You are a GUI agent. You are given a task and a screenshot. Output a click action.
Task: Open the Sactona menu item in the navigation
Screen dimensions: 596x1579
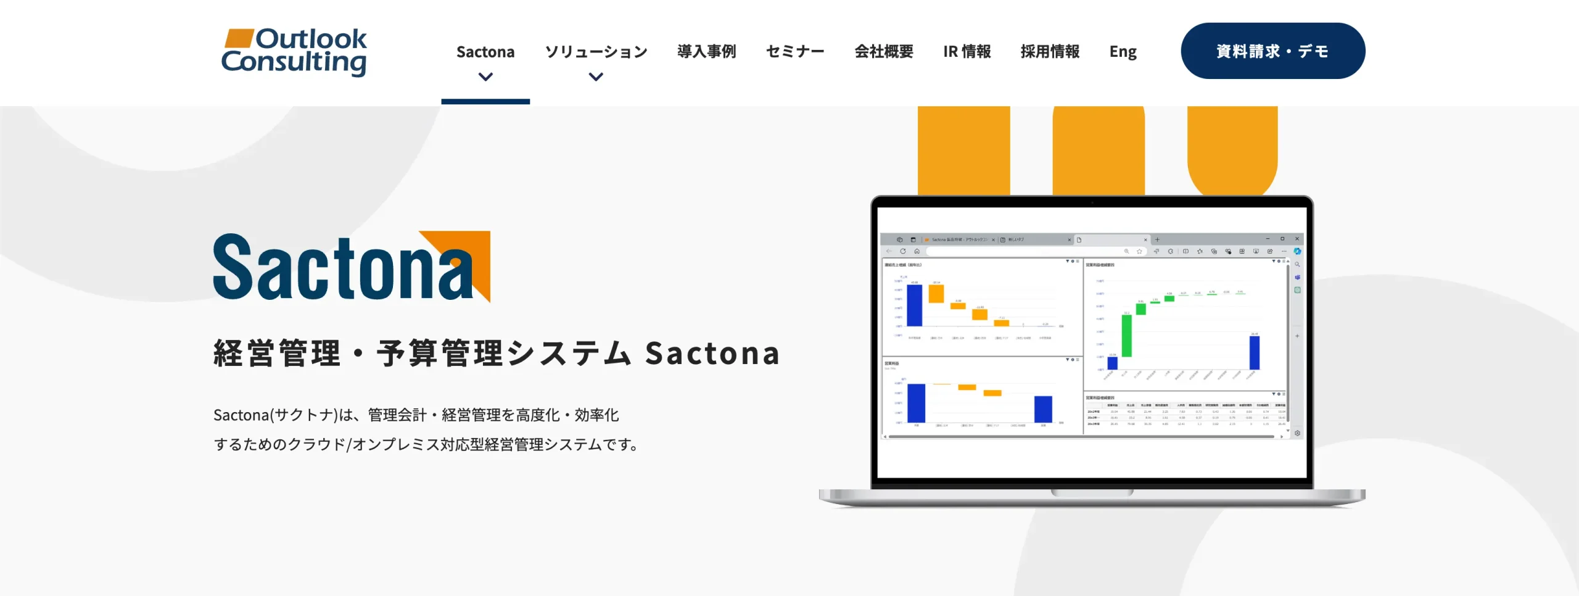[485, 52]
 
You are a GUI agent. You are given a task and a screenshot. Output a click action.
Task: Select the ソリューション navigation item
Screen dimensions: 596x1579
[596, 52]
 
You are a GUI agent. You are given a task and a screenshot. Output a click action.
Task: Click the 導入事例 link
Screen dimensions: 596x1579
[706, 52]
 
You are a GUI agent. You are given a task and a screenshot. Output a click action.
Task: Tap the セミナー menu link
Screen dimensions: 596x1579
[795, 52]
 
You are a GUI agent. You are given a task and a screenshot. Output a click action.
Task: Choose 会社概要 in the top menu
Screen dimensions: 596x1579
[883, 52]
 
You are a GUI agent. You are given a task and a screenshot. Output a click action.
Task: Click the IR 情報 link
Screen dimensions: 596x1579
[967, 52]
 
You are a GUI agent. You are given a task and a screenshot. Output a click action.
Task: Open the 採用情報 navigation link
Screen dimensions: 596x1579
[1050, 52]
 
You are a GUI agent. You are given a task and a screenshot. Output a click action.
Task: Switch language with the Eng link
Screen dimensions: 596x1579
[1123, 52]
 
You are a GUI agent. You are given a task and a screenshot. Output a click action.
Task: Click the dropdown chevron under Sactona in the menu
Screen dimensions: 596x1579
[485, 77]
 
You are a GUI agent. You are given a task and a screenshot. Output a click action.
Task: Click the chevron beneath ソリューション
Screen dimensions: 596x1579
[596, 77]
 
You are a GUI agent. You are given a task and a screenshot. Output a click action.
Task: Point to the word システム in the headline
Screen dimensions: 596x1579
[570, 354]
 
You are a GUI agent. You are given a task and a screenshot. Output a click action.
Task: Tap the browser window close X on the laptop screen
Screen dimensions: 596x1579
[1297, 239]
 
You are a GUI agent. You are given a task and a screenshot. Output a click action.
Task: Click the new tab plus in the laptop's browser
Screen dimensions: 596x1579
[1157, 239]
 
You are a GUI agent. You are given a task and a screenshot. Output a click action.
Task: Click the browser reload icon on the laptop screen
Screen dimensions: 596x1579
[903, 251]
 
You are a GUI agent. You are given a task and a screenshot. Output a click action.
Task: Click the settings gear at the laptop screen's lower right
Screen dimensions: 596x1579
[1297, 433]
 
